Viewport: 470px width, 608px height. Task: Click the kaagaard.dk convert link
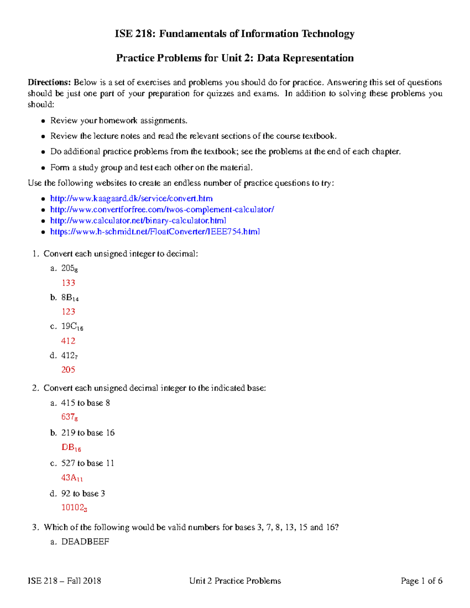tap(131, 198)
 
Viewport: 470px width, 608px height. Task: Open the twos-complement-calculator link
tap(162, 209)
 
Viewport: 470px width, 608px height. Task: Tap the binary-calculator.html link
tap(138, 220)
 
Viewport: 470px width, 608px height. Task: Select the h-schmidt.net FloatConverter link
tap(155, 231)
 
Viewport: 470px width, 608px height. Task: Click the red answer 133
tap(68, 283)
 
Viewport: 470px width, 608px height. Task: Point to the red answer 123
tap(68, 312)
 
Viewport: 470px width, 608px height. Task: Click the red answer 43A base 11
tap(72, 478)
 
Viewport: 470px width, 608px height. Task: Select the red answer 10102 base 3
tap(74, 508)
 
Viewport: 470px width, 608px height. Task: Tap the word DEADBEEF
tap(85, 542)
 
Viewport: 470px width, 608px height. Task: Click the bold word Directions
tap(49, 82)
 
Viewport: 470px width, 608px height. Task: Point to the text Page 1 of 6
tap(421, 581)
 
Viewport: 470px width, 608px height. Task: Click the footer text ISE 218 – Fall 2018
tap(64, 581)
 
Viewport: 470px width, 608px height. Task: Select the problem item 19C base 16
tap(72, 327)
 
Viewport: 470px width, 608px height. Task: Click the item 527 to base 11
tap(87, 463)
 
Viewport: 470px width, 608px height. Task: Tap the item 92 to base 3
tap(83, 493)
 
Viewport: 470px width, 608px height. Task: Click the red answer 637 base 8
tap(69, 417)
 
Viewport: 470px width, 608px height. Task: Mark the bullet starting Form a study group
tap(151, 168)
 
